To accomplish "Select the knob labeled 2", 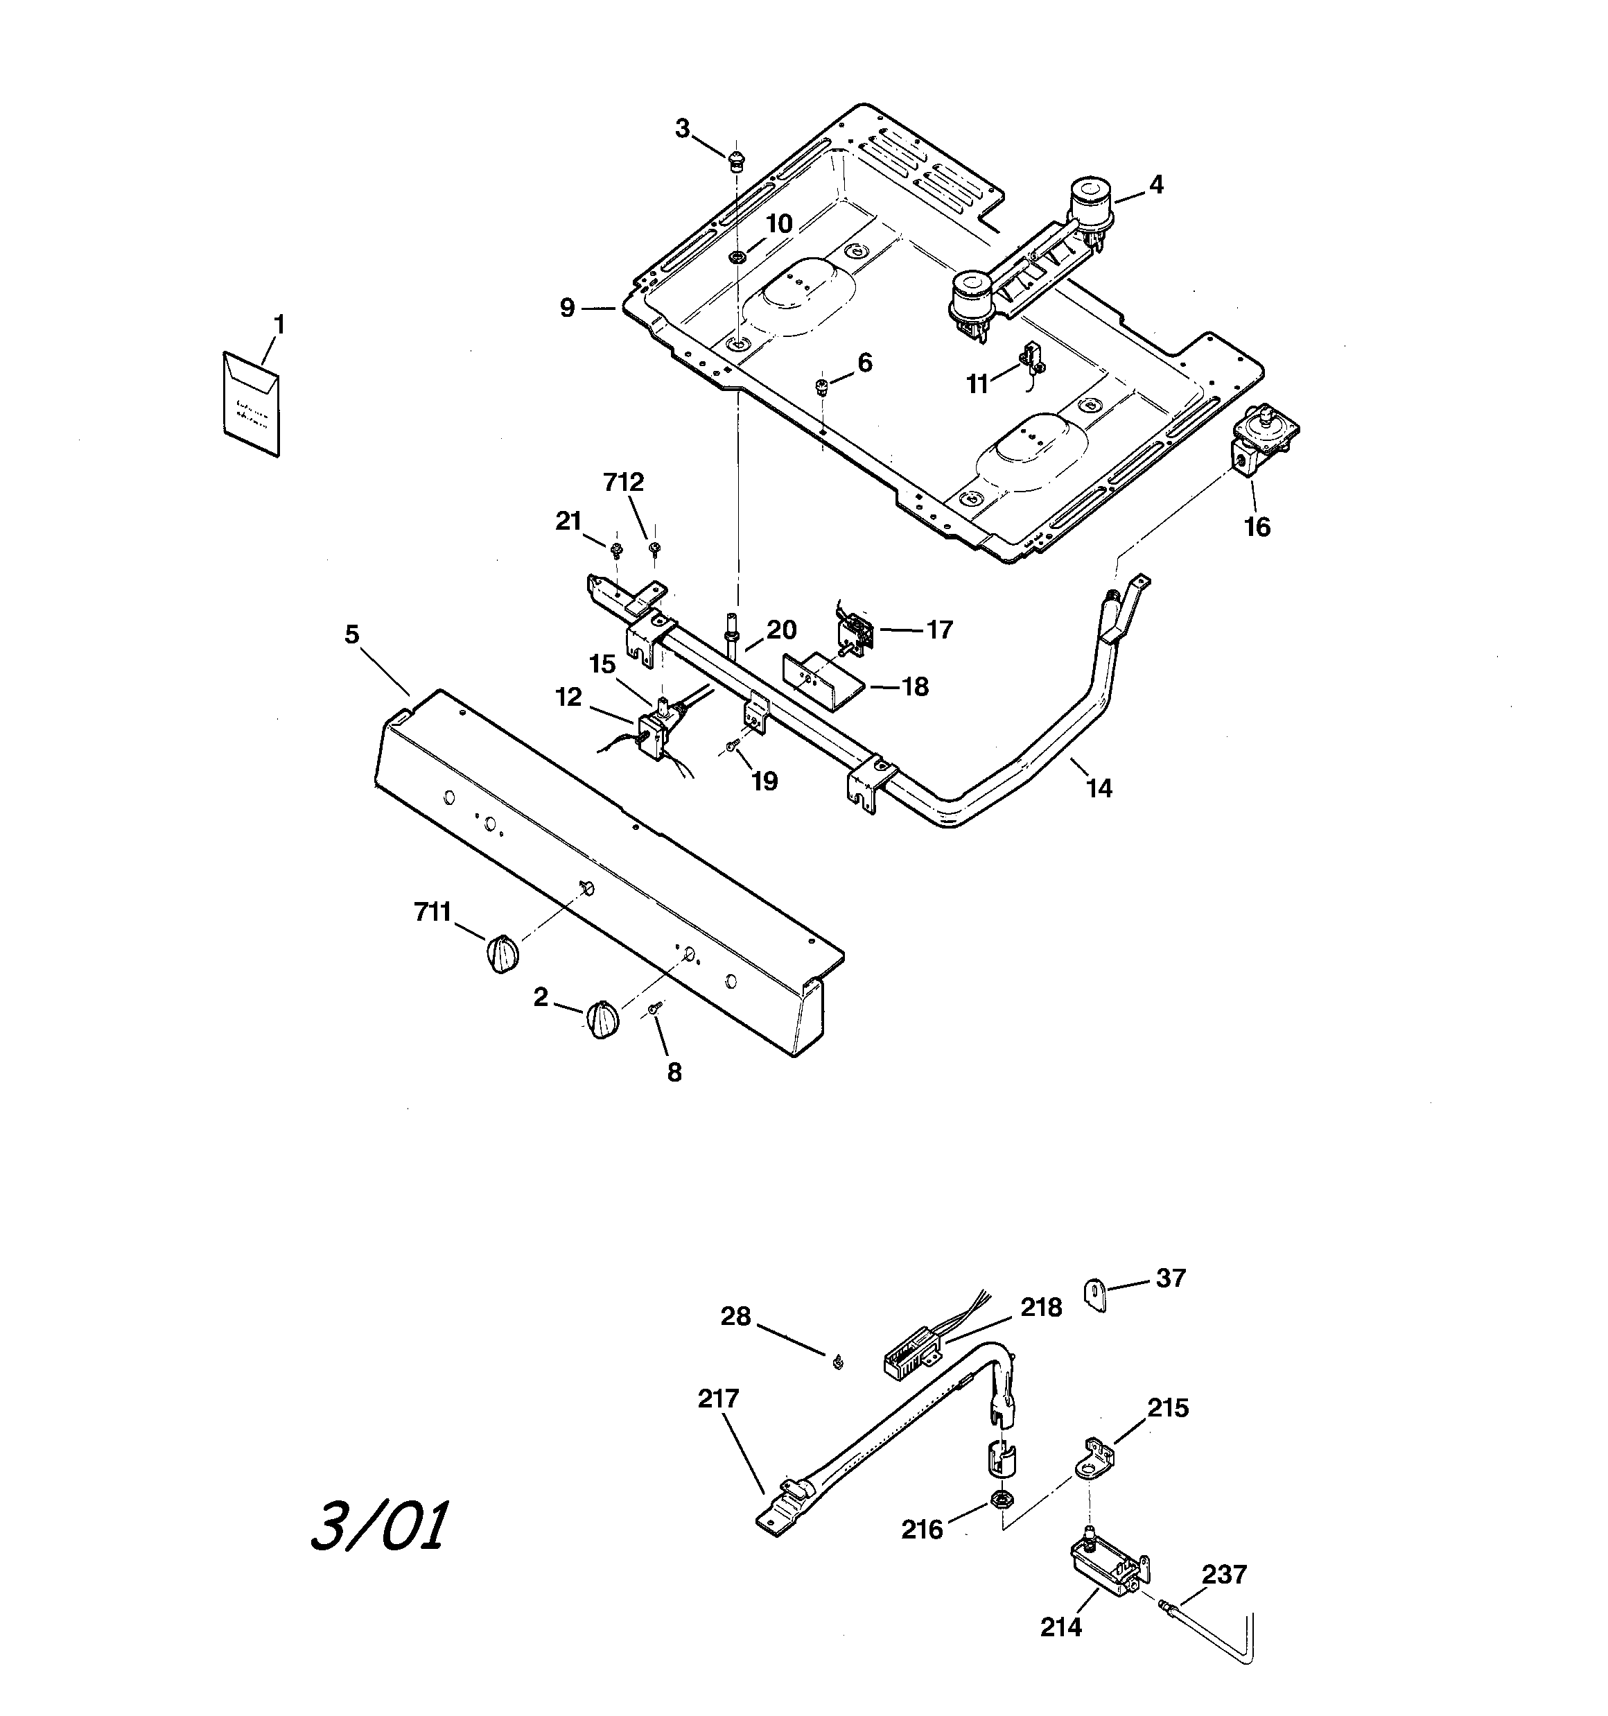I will pos(602,1021).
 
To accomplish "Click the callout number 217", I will pos(718,1398).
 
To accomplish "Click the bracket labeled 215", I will pos(1094,1458).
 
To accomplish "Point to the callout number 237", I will pos(1224,1575).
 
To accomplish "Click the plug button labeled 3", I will pos(735,158).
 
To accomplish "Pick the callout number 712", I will pos(623,483).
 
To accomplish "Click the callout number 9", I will pos(566,308).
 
